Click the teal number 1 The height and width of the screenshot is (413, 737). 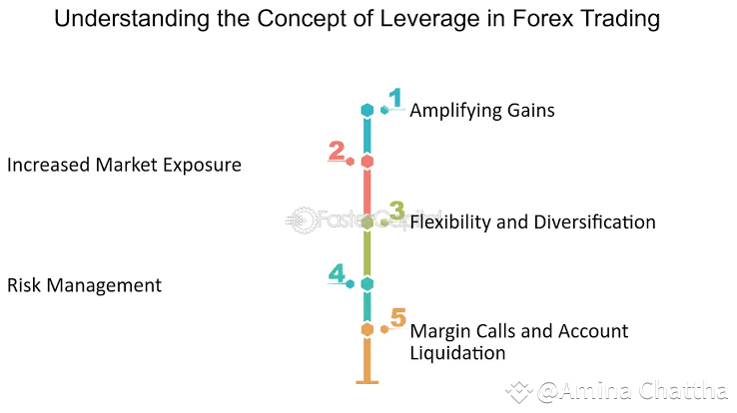click(x=395, y=98)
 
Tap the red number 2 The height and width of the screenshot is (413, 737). click(x=337, y=151)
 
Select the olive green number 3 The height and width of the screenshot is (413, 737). click(x=396, y=211)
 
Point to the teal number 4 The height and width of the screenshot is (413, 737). click(x=337, y=273)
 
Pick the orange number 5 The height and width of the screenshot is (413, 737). click(x=397, y=318)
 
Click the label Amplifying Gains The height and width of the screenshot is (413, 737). click(x=482, y=110)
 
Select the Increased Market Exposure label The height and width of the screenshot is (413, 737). click(x=124, y=165)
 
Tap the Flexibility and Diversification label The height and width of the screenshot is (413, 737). click(x=532, y=221)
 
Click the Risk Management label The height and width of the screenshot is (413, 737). click(x=84, y=285)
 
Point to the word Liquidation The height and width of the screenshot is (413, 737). click(x=457, y=352)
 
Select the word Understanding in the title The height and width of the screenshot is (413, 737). click(x=118, y=19)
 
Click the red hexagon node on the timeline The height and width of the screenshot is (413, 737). click(x=368, y=162)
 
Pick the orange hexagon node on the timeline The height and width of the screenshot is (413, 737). click(x=368, y=329)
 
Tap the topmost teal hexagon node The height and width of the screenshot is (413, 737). click(x=368, y=110)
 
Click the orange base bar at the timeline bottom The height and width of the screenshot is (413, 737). click(x=368, y=380)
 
